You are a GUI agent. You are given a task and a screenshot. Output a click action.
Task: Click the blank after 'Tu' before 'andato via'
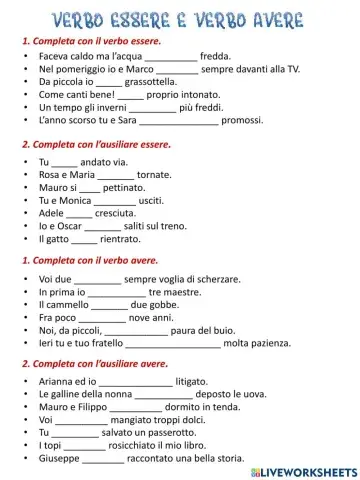point(64,162)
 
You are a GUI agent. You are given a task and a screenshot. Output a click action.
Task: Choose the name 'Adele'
point(52,213)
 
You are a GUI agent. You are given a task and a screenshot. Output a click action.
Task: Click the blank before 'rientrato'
point(85,239)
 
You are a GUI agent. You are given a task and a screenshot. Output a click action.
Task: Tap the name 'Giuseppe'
point(59,459)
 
